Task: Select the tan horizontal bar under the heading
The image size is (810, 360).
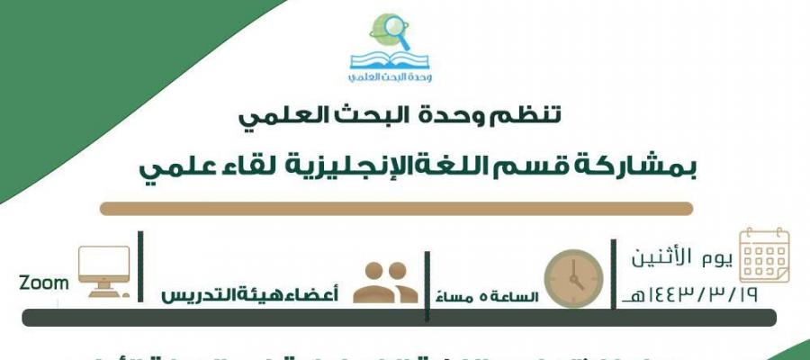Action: point(396,209)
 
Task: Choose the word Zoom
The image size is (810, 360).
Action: point(44,283)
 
